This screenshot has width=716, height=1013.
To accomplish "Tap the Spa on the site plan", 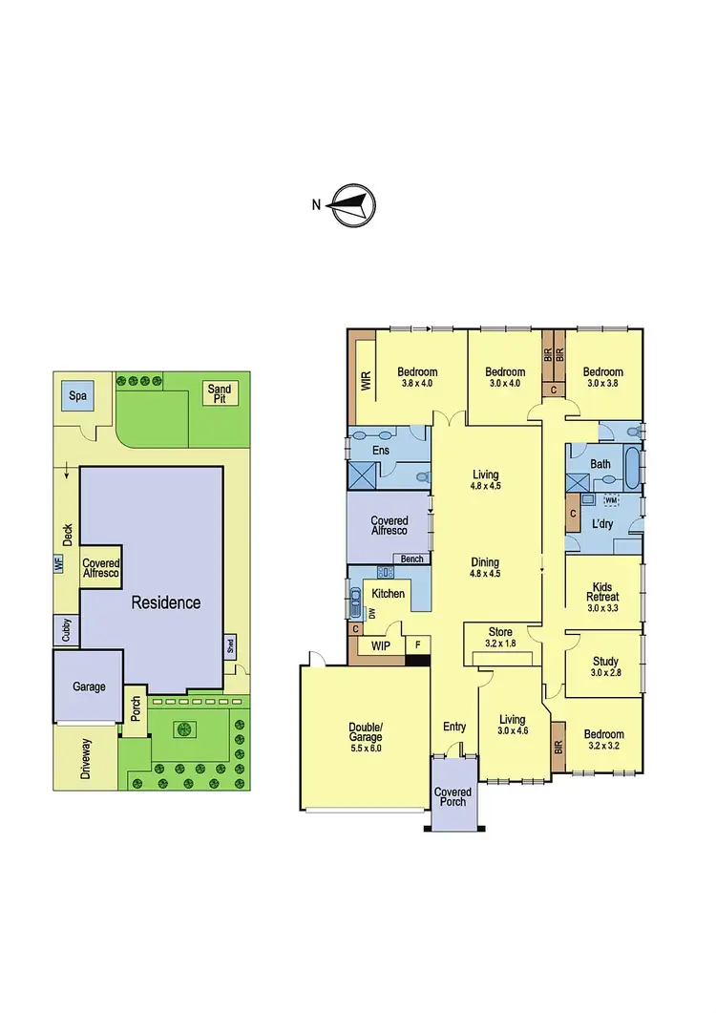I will [73, 395].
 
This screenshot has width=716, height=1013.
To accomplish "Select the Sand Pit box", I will [221, 394].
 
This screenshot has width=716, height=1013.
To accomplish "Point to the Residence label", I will [165, 602].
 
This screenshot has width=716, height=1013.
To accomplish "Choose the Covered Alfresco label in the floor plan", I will [389, 526].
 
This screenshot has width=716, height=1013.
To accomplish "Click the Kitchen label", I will [388, 594].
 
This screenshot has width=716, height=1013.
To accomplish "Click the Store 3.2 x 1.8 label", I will [500, 638].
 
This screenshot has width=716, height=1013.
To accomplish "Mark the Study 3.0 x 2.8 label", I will [605, 666].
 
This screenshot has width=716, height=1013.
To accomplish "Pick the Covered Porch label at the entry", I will [453, 797].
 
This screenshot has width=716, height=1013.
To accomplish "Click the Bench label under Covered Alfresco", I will [412, 559].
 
